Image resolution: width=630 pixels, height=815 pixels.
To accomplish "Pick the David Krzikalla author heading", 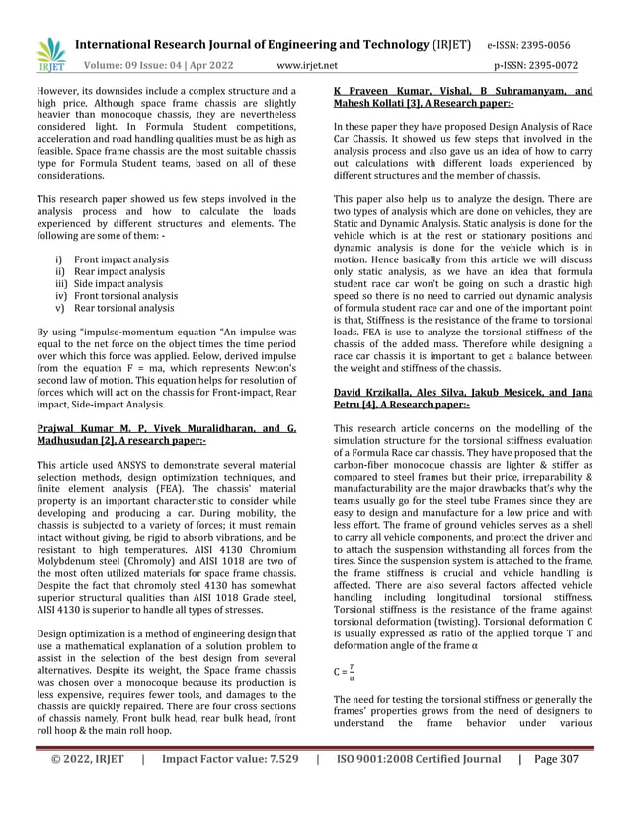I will pos(462,399).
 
